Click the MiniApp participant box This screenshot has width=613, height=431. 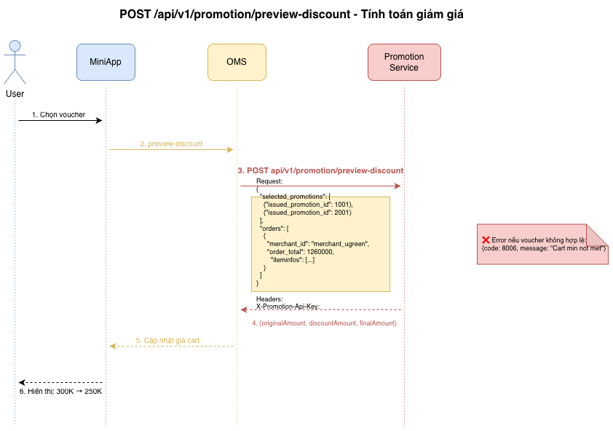tap(106, 62)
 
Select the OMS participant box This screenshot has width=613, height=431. tap(237, 62)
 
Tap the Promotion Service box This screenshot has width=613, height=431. tap(404, 62)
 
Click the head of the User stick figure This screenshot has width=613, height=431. tap(15, 46)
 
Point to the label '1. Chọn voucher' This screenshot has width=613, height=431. tap(59, 114)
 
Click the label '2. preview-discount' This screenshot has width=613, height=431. tap(171, 144)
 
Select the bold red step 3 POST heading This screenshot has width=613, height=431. tap(320, 170)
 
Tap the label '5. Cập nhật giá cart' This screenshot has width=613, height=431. tap(167, 340)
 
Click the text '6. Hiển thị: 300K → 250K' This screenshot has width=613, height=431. tap(60, 391)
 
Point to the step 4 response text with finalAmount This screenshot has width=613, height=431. tap(324, 323)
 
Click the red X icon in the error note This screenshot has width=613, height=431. tap(486, 240)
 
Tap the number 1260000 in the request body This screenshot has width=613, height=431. tap(320, 252)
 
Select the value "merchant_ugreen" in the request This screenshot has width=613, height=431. tap(340, 244)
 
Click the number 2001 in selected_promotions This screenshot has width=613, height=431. tap(343, 213)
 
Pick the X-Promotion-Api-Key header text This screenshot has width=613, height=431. tap(288, 307)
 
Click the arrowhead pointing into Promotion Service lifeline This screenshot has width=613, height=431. tap(398, 186)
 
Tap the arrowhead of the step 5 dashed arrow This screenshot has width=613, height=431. tap(113, 346)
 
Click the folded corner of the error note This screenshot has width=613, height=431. tap(596, 234)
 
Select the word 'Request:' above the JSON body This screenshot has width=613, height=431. tap(269, 181)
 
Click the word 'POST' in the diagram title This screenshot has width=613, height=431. tap(135, 14)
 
